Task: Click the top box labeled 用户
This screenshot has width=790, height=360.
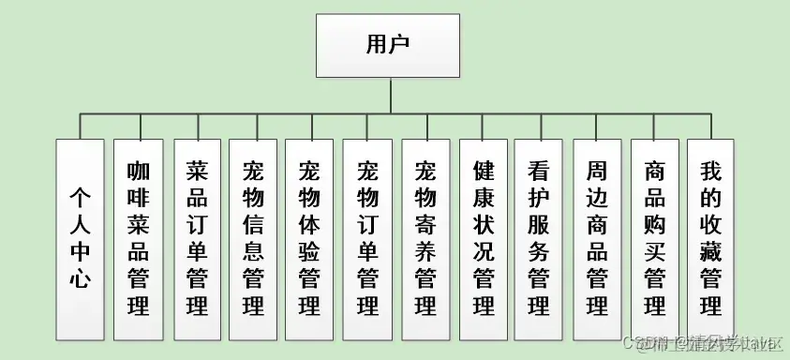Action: [387, 45]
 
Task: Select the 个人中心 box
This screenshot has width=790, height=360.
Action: [80, 239]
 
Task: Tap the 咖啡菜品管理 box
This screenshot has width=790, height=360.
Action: [139, 239]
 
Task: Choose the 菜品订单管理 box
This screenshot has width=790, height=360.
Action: [197, 239]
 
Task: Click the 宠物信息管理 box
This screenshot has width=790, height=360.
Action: [253, 239]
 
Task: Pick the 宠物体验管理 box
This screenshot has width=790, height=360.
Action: [309, 239]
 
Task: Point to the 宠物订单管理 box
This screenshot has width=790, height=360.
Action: [367, 239]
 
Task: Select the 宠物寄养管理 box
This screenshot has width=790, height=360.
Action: [425, 239]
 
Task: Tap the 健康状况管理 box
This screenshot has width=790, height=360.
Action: [483, 239]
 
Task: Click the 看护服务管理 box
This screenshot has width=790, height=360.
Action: [538, 239]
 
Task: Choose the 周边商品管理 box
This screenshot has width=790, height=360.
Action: [597, 239]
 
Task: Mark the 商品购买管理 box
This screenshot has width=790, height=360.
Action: [655, 239]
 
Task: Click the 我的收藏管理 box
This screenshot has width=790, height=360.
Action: [710, 239]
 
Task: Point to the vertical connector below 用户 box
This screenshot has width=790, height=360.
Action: [388, 95]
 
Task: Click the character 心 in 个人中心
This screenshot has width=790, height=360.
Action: [80, 278]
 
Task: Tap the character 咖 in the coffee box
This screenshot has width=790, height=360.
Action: [139, 172]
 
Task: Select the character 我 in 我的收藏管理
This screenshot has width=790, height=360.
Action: [710, 172]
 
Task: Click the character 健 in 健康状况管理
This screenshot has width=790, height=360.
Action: [483, 172]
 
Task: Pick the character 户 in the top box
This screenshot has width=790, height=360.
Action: [401, 44]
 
